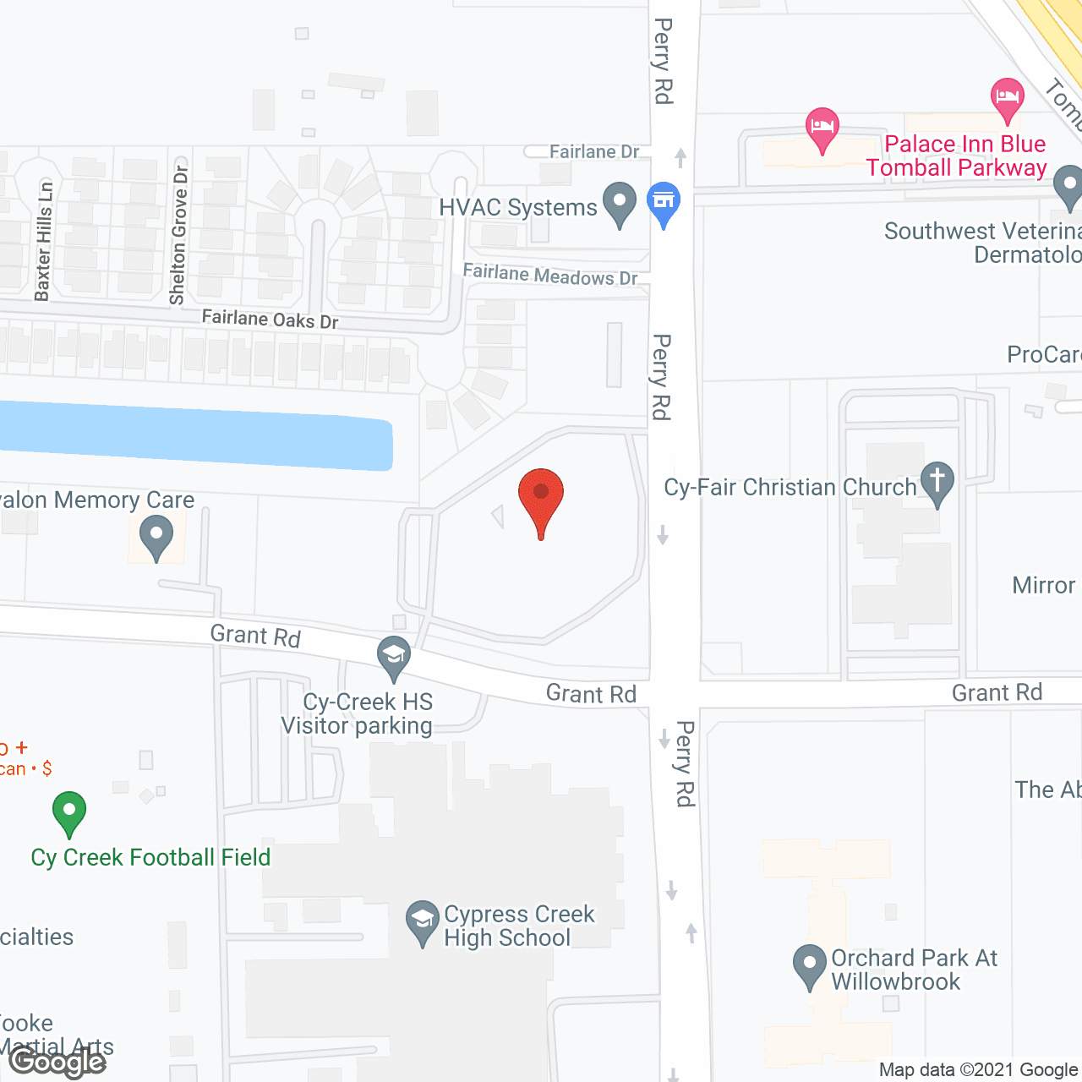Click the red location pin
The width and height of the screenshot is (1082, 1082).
541,495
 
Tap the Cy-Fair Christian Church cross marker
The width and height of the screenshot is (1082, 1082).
937,483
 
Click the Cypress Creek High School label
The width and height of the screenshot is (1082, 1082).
518,926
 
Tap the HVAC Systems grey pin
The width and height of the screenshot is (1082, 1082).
620,204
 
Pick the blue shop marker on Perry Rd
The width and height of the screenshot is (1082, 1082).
664,203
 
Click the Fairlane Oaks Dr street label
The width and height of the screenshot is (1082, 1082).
270,320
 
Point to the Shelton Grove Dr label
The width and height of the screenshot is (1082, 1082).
178,235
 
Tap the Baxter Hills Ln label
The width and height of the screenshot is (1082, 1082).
44,242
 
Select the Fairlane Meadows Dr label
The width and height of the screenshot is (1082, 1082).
550,275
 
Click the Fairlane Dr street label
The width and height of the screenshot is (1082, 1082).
594,152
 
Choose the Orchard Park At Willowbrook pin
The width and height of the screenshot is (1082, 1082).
810,965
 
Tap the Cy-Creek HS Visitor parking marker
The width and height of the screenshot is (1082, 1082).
393,657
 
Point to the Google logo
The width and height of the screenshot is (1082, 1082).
57,1061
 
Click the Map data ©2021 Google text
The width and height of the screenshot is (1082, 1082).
978,1070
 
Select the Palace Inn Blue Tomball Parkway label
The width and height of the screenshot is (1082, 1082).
957,156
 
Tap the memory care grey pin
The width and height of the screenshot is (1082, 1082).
156,538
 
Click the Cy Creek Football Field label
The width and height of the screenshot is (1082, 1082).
150,857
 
